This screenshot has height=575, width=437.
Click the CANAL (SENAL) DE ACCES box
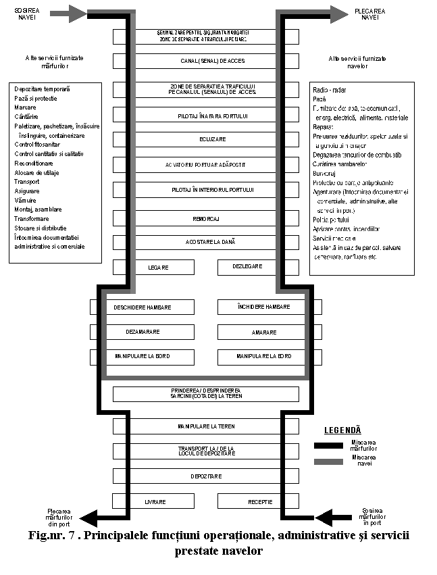pyautogui.click(x=206, y=61)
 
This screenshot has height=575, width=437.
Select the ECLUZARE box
pyautogui.click(x=206, y=139)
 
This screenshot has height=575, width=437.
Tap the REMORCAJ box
pyautogui.click(x=206, y=219)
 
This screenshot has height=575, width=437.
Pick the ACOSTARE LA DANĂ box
pyautogui.click(x=206, y=241)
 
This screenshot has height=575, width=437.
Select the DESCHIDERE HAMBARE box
pyautogui.click(x=143, y=307)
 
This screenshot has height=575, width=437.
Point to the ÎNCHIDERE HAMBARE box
pyautogui.click(x=263, y=307)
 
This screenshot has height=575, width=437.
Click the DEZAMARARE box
pyautogui.click(x=143, y=332)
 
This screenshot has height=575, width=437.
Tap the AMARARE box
pyautogui.click(x=263, y=332)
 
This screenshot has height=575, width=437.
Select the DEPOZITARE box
pyautogui.click(x=206, y=476)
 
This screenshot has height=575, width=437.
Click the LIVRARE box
pyautogui.click(x=155, y=502)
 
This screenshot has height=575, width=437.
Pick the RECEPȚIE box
pyautogui.click(x=259, y=502)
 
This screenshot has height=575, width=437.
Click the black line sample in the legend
pyautogui.click(x=328, y=445)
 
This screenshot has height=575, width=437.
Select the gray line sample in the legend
pyautogui.click(x=328, y=461)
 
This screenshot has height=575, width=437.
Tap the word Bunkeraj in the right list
pyautogui.click(x=326, y=173)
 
